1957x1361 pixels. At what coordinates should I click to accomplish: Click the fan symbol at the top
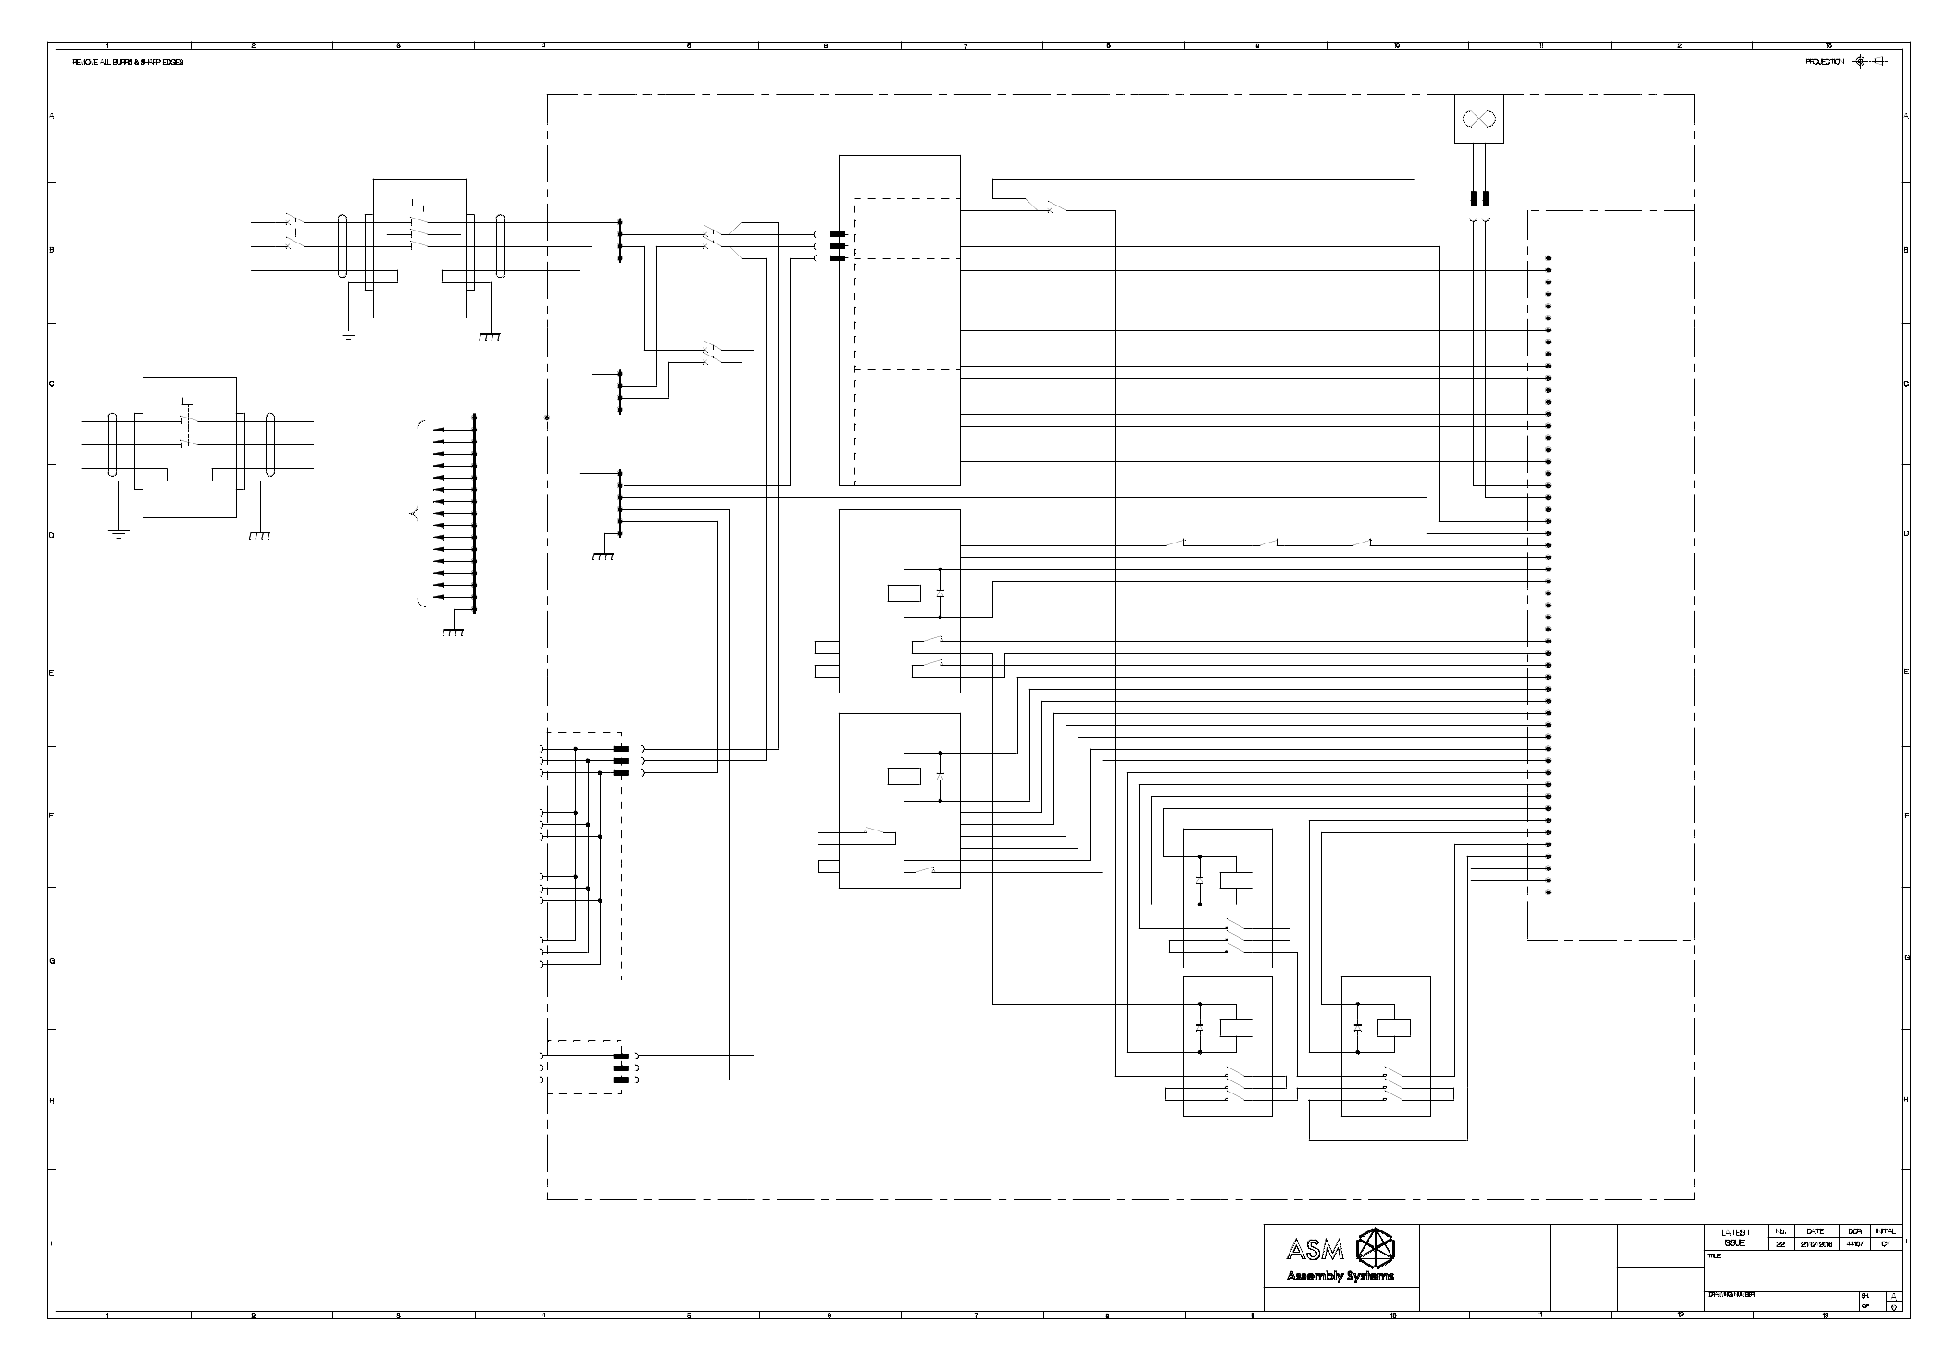(x=1478, y=119)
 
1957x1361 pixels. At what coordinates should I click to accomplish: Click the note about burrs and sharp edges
(x=128, y=62)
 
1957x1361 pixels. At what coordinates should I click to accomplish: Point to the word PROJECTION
(x=1824, y=62)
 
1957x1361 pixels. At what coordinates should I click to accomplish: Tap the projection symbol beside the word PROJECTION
(x=1861, y=62)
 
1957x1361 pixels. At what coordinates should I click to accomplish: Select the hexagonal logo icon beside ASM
(x=1374, y=1247)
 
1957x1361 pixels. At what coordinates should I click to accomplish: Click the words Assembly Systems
(x=1340, y=1277)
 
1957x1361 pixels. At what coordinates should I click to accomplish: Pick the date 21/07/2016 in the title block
(x=1814, y=1244)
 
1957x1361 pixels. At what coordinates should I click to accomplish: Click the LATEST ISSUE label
(x=1735, y=1238)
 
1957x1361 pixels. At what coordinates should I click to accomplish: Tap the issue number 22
(x=1780, y=1244)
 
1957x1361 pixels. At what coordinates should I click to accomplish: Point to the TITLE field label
(x=1714, y=1256)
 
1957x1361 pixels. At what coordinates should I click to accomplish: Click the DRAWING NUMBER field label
(x=1731, y=1294)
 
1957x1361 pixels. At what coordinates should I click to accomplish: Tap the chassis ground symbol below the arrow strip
(x=453, y=632)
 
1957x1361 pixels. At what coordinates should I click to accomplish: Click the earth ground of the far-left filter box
(x=118, y=532)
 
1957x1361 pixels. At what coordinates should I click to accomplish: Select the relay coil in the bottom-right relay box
(x=1394, y=1027)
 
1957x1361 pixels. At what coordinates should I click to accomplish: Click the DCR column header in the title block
(x=1854, y=1231)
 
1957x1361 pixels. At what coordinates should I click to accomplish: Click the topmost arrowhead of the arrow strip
(x=438, y=430)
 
